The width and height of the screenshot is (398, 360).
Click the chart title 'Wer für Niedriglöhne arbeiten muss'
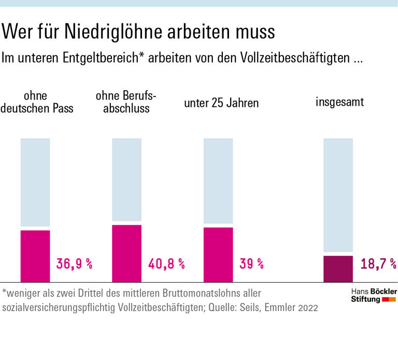(138, 32)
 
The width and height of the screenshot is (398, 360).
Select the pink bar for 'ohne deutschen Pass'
(35, 256)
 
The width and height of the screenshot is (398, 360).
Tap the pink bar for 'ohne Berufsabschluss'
(126, 253)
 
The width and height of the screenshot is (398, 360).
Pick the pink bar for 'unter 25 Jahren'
(218, 254)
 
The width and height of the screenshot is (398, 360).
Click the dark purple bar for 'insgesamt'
(338, 269)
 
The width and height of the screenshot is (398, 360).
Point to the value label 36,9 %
(74, 264)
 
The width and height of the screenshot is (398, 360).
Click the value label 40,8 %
(166, 264)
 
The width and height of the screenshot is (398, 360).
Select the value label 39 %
(251, 264)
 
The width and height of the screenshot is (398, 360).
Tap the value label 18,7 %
(378, 264)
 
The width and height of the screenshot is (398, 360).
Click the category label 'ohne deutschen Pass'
(36, 102)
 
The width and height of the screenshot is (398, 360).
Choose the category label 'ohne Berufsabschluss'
(126, 102)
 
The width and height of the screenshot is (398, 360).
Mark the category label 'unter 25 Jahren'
(221, 103)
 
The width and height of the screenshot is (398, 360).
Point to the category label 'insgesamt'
(339, 102)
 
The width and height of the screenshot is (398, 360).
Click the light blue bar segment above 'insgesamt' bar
(338, 195)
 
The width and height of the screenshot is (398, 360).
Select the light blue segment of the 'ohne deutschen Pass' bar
(35, 182)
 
